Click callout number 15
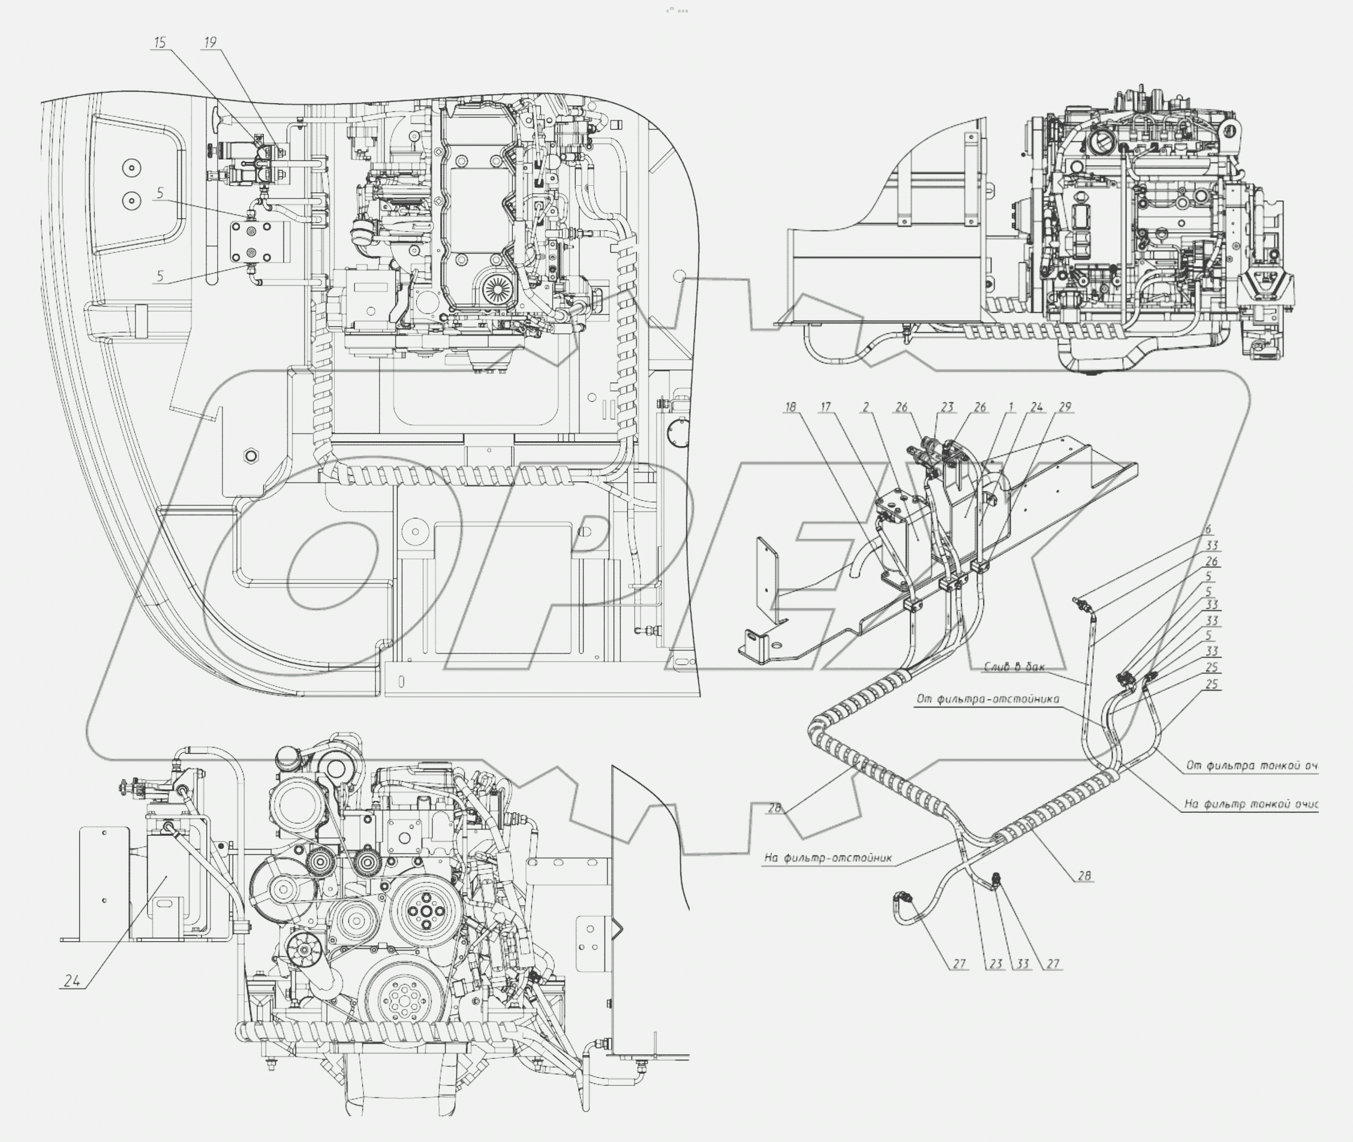pos(160,43)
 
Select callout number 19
pos(210,43)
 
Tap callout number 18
pos(790,407)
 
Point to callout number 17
pos(825,407)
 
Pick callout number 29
pos(1065,407)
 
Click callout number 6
pos(1208,529)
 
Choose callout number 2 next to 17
pos(865,407)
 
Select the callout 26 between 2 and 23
pos(901,407)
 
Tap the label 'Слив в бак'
pos(1014,667)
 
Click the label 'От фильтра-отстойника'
pos(987,699)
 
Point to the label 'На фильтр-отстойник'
pos(828,858)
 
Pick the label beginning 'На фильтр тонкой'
pos(1250,804)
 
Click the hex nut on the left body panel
pos(251,456)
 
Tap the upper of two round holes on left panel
pos(131,168)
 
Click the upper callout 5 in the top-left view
pos(160,193)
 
